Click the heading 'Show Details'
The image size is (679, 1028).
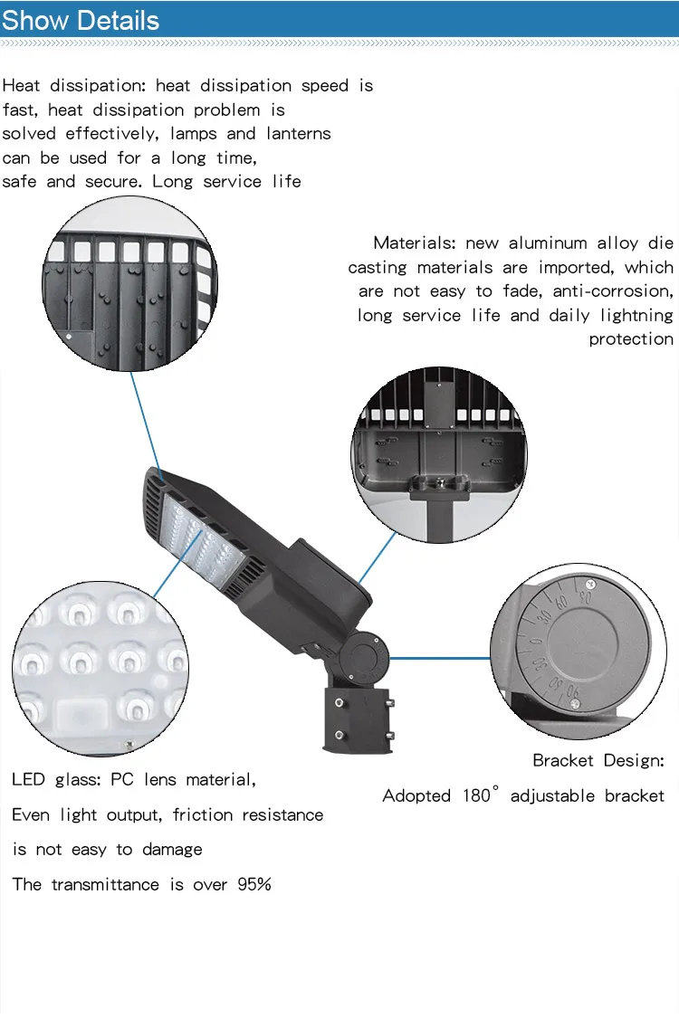81,20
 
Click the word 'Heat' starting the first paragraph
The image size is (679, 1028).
21,86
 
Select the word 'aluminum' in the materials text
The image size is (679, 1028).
548,243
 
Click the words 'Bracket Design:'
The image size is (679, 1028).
598,761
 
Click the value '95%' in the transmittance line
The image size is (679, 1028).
254,885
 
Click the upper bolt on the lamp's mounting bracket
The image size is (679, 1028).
339,703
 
